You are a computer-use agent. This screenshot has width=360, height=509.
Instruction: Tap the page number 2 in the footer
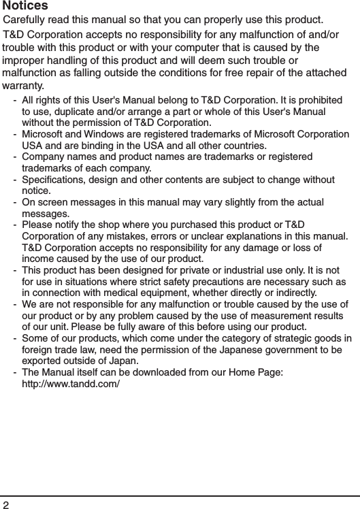point(6,504)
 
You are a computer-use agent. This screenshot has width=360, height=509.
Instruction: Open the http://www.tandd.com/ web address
point(71,384)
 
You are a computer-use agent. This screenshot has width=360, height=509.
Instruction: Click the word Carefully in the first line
point(26,18)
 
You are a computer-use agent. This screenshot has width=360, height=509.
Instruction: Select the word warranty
point(23,86)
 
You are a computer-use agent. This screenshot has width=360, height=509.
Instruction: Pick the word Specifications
point(54,180)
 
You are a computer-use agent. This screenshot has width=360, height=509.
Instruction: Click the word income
point(39,259)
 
